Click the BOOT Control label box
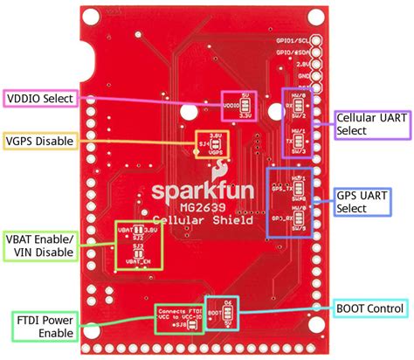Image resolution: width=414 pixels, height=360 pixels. coord(369,308)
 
